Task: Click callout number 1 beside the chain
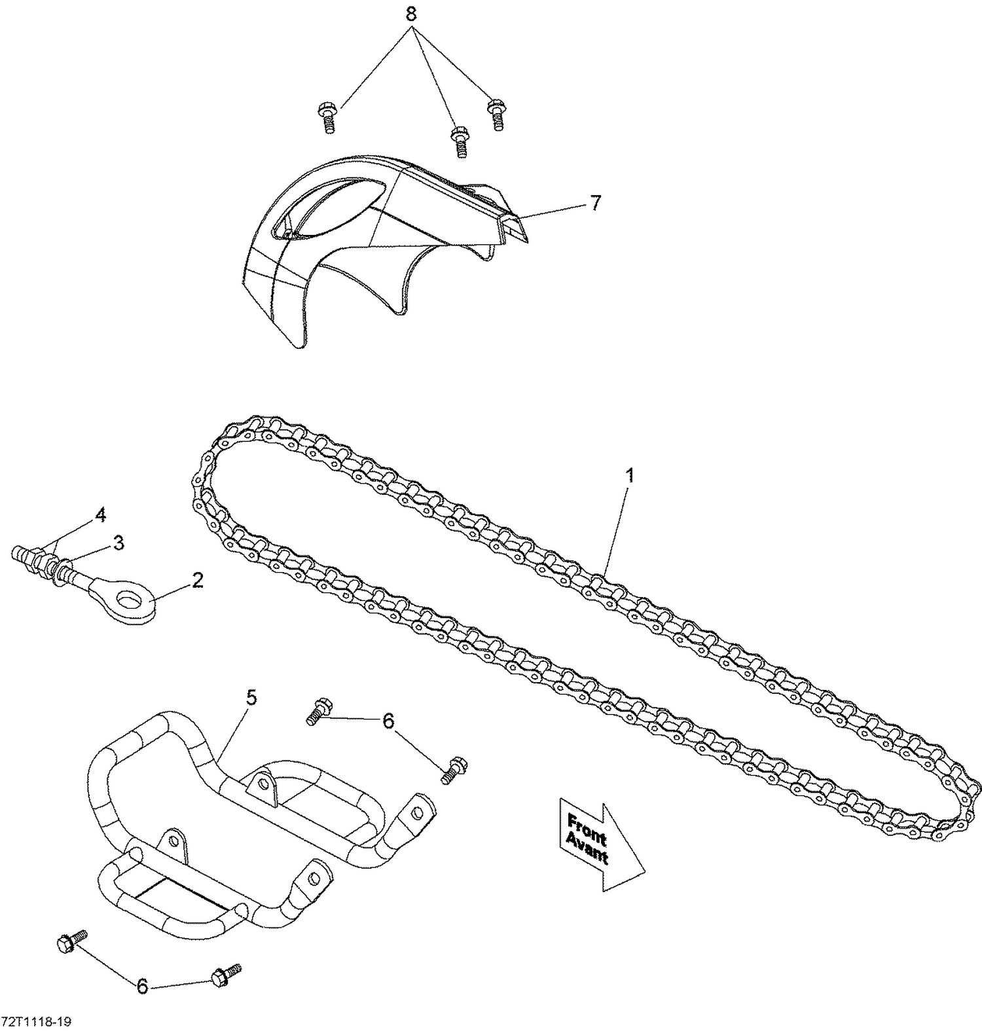pyautogui.click(x=629, y=476)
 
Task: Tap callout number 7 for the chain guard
pyautogui.click(x=594, y=204)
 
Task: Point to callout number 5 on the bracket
pyautogui.click(x=251, y=698)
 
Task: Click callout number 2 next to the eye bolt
pyautogui.click(x=197, y=580)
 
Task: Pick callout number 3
pyautogui.click(x=118, y=543)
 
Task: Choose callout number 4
pyautogui.click(x=100, y=516)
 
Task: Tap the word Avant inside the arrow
pyautogui.click(x=587, y=849)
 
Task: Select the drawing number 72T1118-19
pyautogui.click(x=36, y=1022)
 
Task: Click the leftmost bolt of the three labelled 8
pyautogui.click(x=327, y=118)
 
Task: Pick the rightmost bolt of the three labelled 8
pyautogui.click(x=497, y=115)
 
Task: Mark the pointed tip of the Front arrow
pyautogui.click(x=644, y=871)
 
